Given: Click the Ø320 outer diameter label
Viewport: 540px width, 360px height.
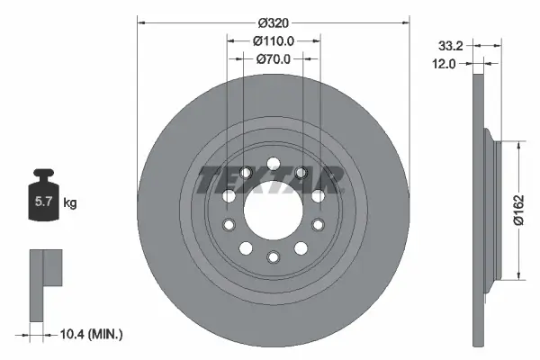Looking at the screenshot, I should click(x=273, y=22).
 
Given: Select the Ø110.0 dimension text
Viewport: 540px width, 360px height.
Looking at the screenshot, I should click(x=273, y=41).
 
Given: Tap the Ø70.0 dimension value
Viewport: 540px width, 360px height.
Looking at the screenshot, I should click(x=273, y=59).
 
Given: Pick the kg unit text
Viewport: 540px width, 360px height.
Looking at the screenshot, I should click(x=70, y=203).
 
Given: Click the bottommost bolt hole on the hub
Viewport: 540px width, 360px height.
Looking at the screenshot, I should click(x=272, y=257).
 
